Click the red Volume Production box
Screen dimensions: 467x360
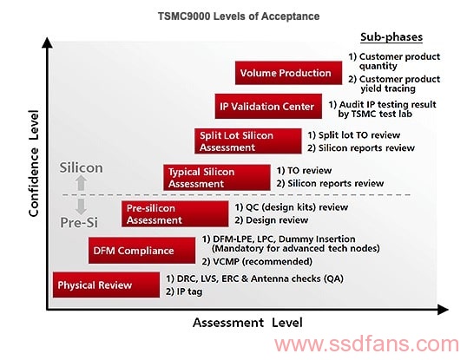coord(288,73)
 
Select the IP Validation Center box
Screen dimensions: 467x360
coord(268,106)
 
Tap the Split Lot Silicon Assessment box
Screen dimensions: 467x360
coord(248,141)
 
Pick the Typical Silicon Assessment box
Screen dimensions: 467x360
coord(217,177)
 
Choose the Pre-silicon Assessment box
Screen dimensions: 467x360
coord(174,214)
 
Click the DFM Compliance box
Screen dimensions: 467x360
coord(141,251)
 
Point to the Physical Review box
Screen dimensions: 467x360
coord(106,285)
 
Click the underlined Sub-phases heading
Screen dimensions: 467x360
coord(391,37)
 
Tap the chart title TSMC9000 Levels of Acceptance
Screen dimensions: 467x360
coord(239,16)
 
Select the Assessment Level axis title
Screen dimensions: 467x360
coord(247,323)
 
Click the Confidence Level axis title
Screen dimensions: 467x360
coord(34,163)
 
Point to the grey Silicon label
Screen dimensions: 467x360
coord(81,167)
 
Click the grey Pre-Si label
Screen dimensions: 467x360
coord(79,222)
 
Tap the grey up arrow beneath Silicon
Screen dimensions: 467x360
coord(81,183)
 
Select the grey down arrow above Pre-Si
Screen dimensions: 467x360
coord(81,206)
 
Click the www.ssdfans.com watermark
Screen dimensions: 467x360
coord(366,344)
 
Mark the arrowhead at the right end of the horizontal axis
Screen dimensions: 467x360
coord(443,310)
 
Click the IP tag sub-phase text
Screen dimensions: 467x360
coord(184,291)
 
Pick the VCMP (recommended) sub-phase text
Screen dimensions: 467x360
coord(257,261)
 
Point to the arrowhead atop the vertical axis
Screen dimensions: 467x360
coord(47,43)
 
